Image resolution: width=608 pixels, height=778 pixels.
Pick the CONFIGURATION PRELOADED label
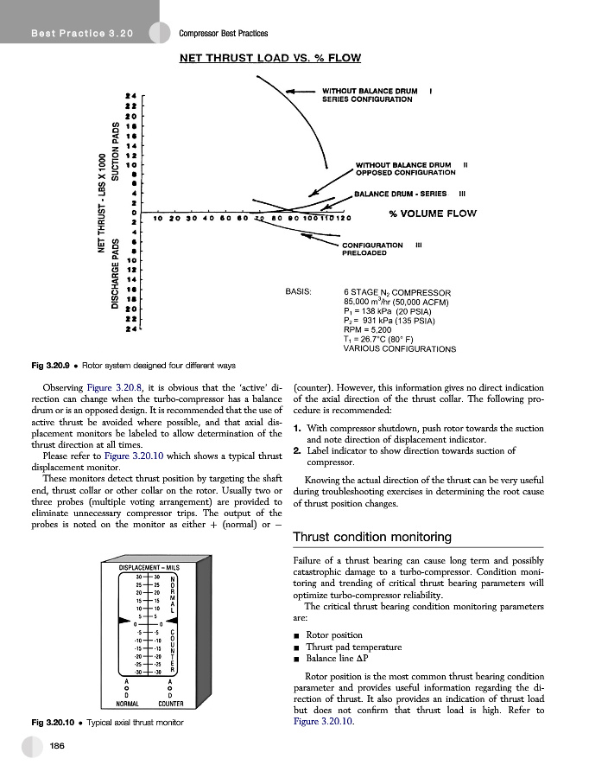coord(373,249)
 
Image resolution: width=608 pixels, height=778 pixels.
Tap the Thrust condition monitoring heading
coord(372,538)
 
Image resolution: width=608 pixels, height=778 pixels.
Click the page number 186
coord(59,746)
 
